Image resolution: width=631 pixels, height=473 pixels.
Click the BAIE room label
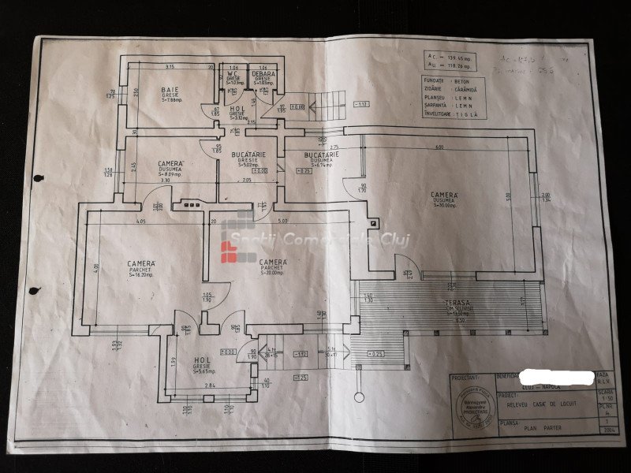click(169, 89)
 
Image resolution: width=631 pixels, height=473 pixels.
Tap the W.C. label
click(234, 75)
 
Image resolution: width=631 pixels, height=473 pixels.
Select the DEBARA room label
click(263, 74)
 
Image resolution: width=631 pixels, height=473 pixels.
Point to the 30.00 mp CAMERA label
click(443, 193)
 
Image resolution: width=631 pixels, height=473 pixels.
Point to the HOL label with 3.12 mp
click(236, 109)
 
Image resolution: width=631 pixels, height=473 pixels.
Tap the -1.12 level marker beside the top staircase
click(362, 104)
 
